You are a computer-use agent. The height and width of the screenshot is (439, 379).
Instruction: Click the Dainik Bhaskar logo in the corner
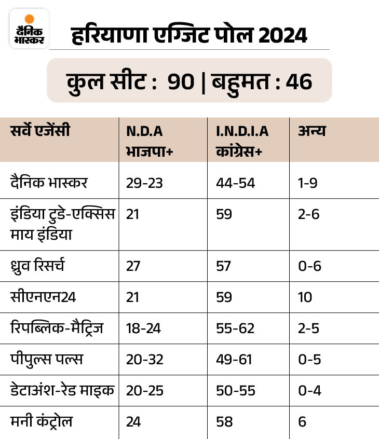pyautogui.click(x=29, y=29)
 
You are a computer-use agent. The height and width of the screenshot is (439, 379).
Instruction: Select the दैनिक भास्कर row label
pyautogui.click(x=49, y=183)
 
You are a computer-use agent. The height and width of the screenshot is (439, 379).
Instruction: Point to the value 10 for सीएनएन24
pyautogui.click(x=305, y=297)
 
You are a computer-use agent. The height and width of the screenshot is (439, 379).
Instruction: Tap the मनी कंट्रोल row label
pyautogui.click(x=42, y=421)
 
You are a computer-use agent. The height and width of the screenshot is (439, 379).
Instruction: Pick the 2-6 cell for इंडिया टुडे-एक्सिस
pyautogui.click(x=309, y=214)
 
